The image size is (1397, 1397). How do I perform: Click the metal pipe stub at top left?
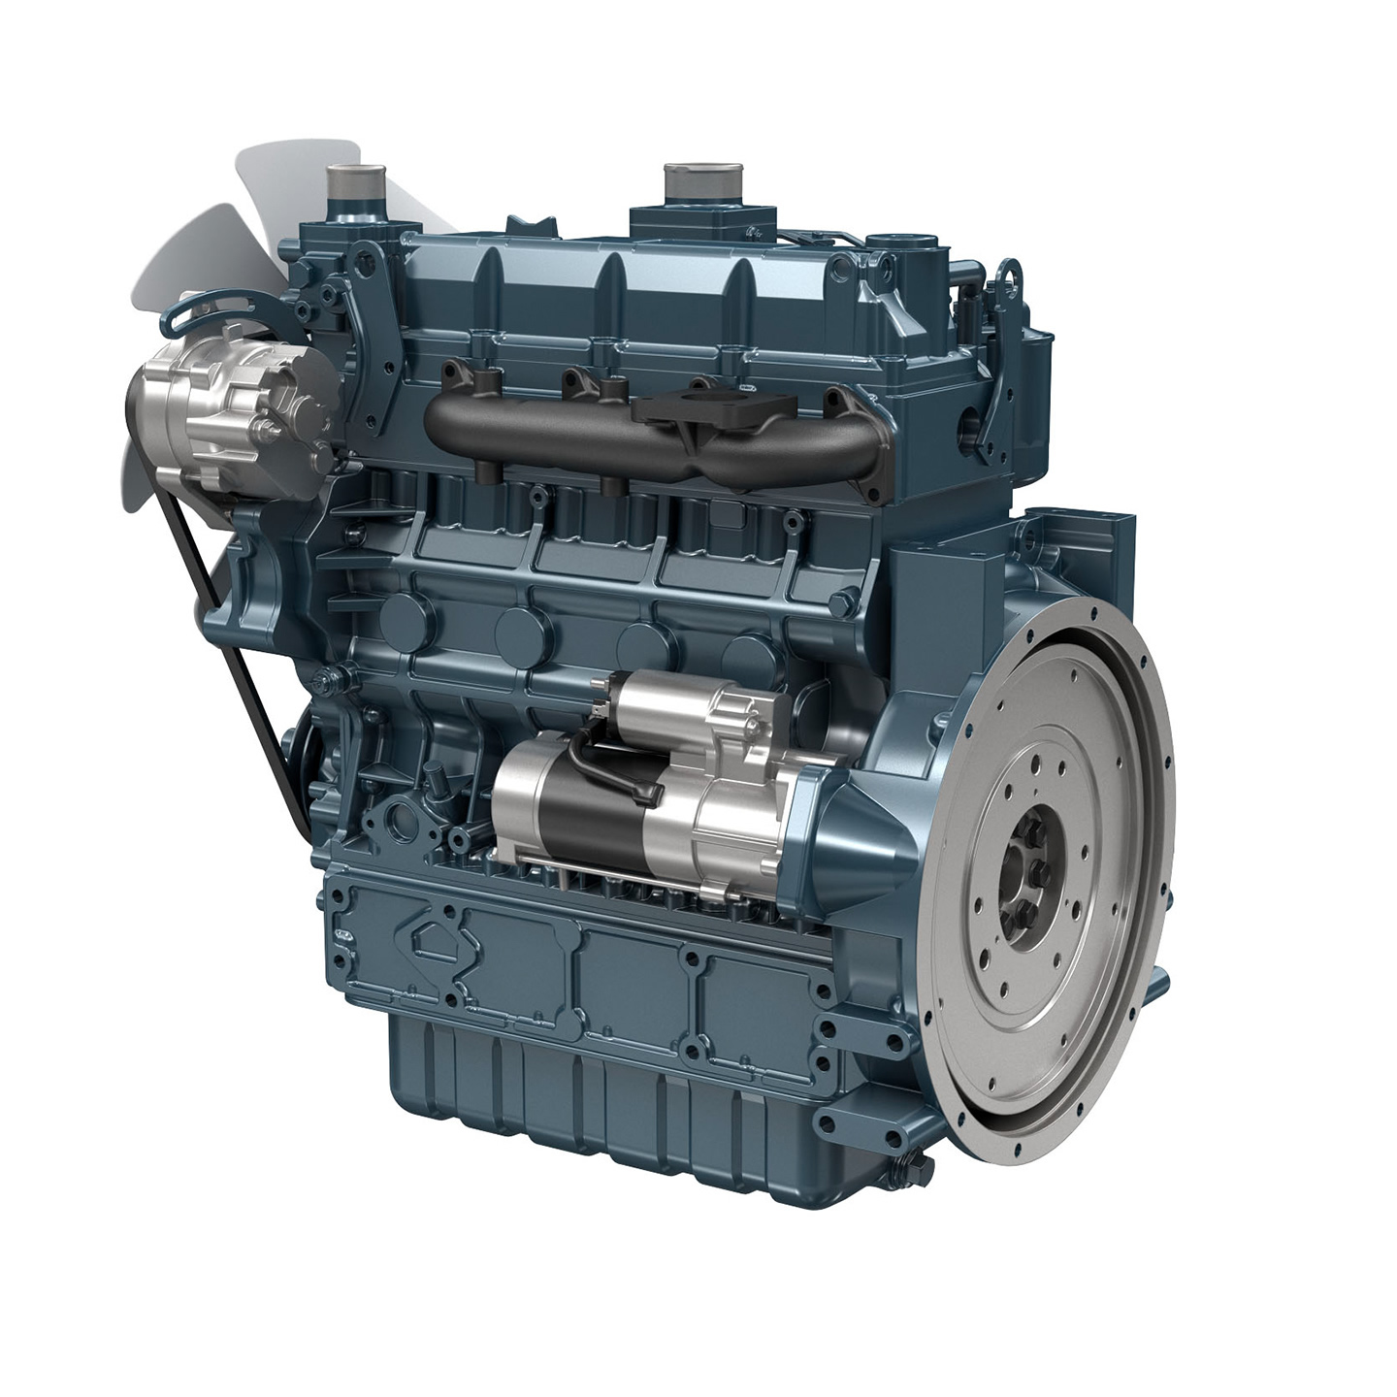pyautogui.click(x=348, y=182)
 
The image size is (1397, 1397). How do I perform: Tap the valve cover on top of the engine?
pyautogui.click(x=621, y=281)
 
